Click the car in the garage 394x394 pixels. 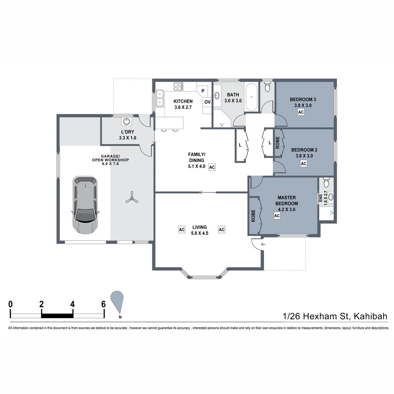click(85, 205)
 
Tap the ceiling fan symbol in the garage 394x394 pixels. click(131, 199)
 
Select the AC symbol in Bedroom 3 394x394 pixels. click(301, 112)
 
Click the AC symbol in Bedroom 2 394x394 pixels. click(304, 164)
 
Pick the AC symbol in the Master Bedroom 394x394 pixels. click(277, 216)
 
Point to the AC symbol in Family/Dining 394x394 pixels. click(212, 167)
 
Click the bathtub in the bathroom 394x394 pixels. click(252, 97)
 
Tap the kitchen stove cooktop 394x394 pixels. click(178, 86)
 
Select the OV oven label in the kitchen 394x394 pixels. click(207, 102)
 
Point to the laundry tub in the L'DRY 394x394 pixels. click(127, 121)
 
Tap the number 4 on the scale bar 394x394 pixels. click(73, 304)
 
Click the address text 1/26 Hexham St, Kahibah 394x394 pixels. click(335, 316)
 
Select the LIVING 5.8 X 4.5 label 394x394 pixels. click(200, 230)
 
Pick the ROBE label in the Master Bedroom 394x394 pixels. click(253, 216)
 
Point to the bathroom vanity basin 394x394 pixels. click(217, 96)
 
